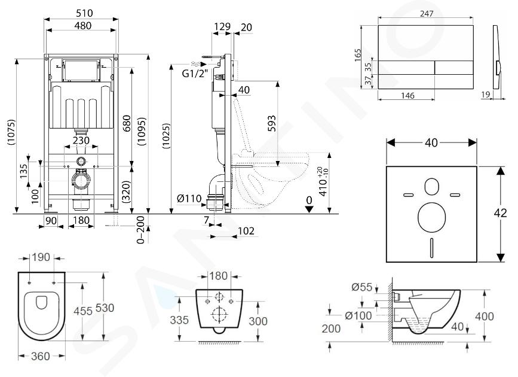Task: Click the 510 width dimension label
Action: click(x=84, y=13)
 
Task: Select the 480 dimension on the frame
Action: click(x=83, y=26)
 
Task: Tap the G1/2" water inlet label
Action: click(x=195, y=73)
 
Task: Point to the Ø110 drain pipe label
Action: click(x=189, y=199)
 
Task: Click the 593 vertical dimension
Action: click(x=272, y=123)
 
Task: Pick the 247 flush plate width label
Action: click(x=427, y=14)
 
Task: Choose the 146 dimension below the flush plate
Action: click(x=407, y=96)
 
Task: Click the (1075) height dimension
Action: click(x=11, y=132)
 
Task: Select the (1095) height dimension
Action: click(x=142, y=132)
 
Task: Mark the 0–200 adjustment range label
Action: click(x=141, y=230)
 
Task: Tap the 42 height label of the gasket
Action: click(x=500, y=213)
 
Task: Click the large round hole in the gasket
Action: click(x=431, y=217)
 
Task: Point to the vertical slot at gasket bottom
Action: click(x=431, y=248)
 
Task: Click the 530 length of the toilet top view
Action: click(x=105, y=308)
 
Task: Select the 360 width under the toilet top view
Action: click(x=41, y=356)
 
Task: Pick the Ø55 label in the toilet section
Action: click(x=362, y=287)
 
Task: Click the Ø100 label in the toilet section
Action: click(x=358, y=315)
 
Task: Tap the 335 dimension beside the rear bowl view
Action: click(x=179, y=320)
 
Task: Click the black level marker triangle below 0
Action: click(x=309, y=209)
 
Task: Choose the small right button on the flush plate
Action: click(x=454, y=68)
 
